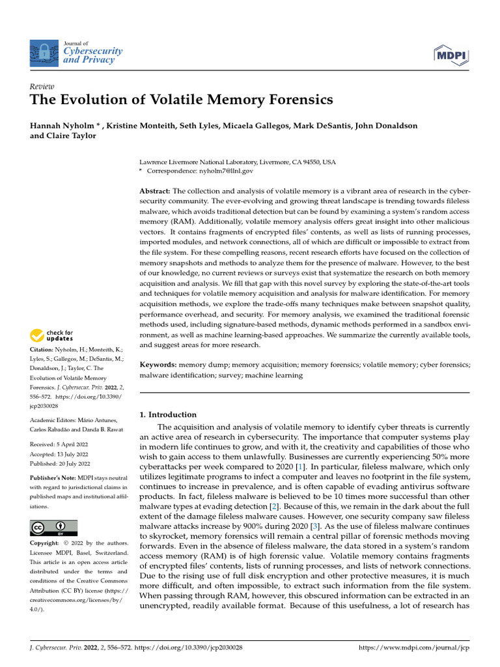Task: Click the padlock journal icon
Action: pyautogui.click(x=44, y=51)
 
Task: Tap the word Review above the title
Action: pyautogui.click(x=42, y=87)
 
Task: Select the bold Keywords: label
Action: pyautogui.click(x=158, y=365)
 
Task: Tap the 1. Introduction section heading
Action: pyautogui.click(x=169, y=414)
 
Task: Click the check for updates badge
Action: pyautogui.click(x=53, y=335)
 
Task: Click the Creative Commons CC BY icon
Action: pyautogui.click(x=54, y=527)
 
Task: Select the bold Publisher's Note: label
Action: pyautogui.click(x=55, y=477)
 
